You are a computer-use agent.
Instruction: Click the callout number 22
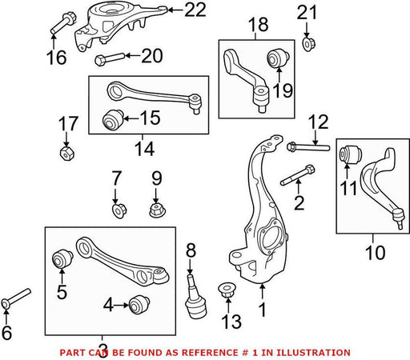tap(195, 10)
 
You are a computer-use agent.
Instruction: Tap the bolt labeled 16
tap(63, 23)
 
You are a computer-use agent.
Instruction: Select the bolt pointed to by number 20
tap(110, 59)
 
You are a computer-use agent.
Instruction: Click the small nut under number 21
tap(309, 44)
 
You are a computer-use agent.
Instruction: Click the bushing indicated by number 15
tap(113, 120)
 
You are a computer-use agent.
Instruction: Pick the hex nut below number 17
tap(66, 154)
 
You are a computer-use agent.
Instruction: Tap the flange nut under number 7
tap(119, 210)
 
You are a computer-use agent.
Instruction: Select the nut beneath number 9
tap(156, 210)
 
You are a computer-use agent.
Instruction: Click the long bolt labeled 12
tap(308, 147)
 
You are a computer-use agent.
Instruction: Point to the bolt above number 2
tap(298, 175)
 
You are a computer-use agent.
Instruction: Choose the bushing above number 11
tap(351, 154)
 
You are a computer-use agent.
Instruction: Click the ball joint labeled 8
tap(196, 297)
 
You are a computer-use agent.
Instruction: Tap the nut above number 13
tap(227, 290)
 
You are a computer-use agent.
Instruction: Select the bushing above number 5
tap(62, 258)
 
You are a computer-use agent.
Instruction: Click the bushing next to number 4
tap(139, 304)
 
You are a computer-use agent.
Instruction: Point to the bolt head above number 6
tap(6, 304)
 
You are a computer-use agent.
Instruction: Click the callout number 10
tap(376, 253)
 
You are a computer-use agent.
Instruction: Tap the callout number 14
tap(145, 149)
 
